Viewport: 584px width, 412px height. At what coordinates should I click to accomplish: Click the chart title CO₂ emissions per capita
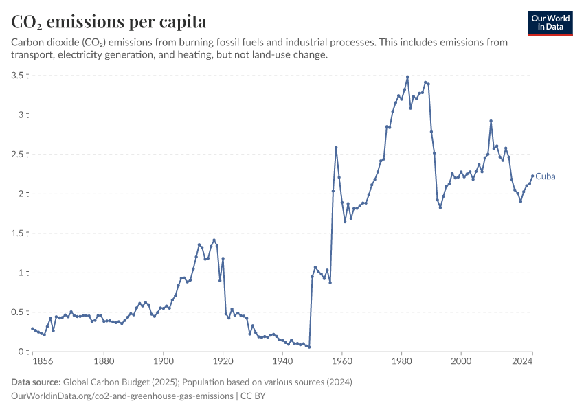109,21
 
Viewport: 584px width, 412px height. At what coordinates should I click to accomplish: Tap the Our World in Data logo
550,23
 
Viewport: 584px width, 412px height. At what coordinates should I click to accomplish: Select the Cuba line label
546,176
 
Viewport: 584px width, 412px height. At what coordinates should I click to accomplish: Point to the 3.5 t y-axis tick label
20,76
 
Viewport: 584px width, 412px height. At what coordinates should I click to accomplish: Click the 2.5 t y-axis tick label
20,154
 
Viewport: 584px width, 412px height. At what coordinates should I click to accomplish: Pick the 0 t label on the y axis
23,352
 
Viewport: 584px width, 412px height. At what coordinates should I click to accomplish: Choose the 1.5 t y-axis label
20,233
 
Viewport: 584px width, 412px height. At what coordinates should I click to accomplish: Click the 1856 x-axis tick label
43,361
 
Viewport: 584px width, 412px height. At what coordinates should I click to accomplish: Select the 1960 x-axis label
342,361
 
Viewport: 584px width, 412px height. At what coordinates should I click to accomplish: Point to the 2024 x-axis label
522,361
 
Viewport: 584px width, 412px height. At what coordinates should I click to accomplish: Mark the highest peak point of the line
407,77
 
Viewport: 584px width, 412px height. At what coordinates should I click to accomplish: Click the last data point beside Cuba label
532,176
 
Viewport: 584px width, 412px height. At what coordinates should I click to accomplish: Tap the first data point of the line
32,329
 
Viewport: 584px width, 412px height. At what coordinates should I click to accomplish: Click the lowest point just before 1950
309,347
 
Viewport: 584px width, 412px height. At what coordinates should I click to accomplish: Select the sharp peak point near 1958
336,148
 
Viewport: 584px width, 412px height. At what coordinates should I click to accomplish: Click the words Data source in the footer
36,382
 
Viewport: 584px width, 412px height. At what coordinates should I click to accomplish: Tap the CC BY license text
253,396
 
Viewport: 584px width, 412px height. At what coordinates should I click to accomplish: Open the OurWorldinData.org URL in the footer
122,396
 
